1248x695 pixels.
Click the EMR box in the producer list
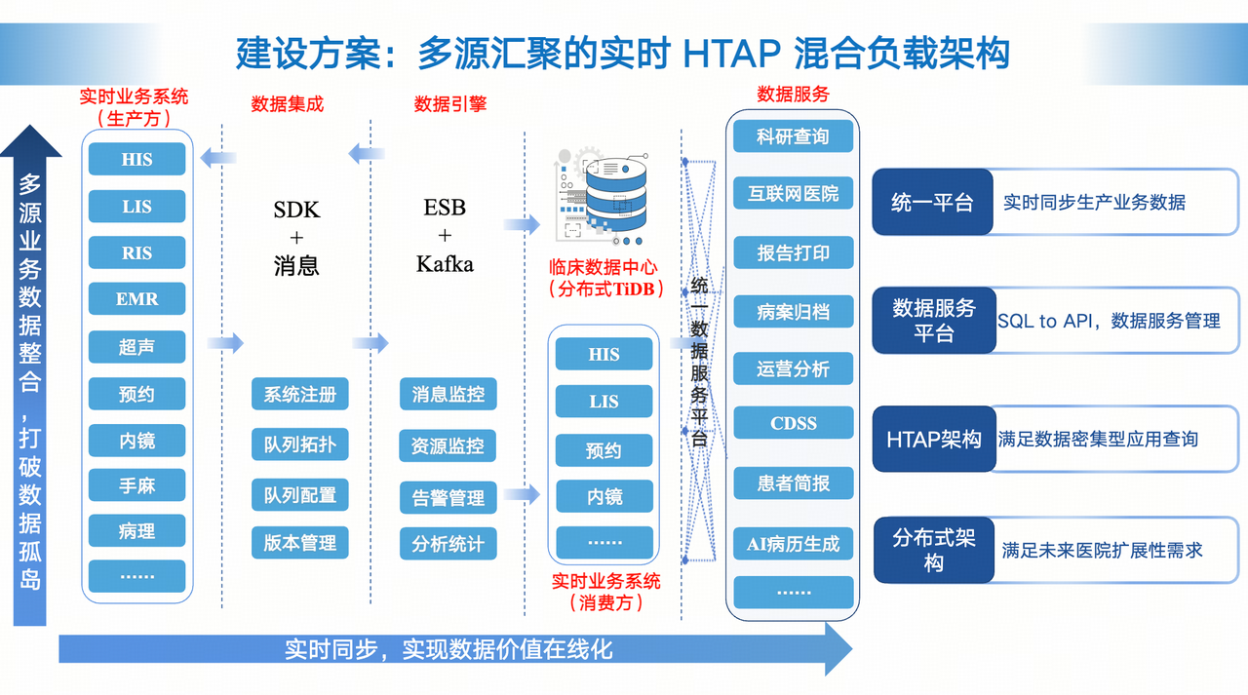[136, 299]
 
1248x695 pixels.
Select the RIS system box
[136, 252]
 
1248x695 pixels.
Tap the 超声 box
[136, 347]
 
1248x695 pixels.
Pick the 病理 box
[136, 530]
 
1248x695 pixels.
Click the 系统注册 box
[299, 394]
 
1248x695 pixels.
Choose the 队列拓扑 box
[299, 444]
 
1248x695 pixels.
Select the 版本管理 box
[299, 543]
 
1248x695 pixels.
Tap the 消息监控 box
[448, 394]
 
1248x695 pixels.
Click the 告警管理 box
[448, 497]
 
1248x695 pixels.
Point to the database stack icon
[603, 197]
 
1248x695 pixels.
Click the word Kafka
[445, 264]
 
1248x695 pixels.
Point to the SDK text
[296, 210]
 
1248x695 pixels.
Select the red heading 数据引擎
[450, 104]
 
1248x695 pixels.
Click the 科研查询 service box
[793, 136]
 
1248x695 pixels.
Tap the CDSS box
[794, 423]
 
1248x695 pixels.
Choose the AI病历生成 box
[794, 544]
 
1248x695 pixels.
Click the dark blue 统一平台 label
[932, 202]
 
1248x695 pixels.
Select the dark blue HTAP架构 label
[934, 440]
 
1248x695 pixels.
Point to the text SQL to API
[1044, 322]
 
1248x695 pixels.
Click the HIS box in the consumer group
[604, 354]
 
